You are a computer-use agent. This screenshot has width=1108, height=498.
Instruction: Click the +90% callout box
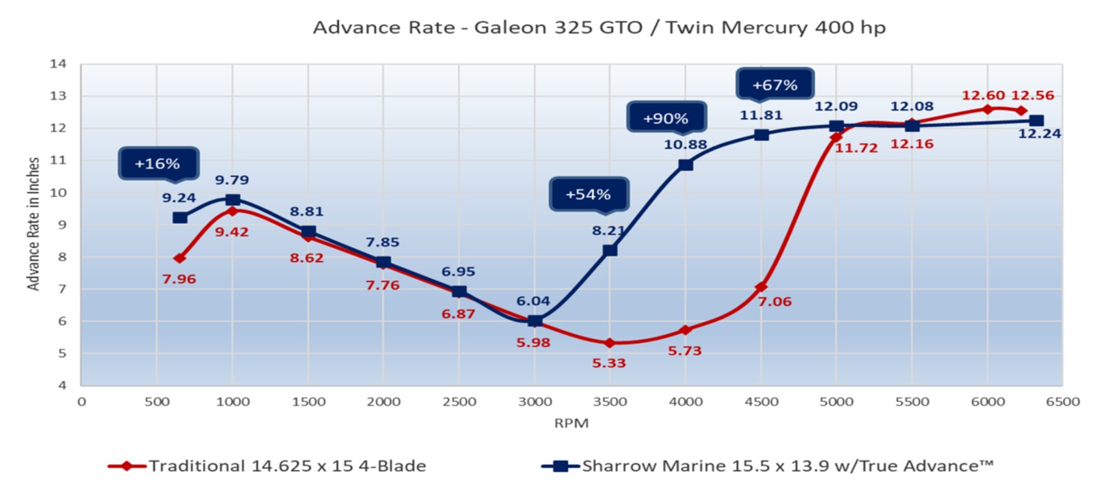click(x=666, y=118)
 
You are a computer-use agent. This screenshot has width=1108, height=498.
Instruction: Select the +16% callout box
click(x=158, y=164)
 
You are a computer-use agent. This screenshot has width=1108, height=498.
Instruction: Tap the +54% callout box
click(x=588, y=195)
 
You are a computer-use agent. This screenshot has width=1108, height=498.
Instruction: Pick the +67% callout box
click(x=774, y=85)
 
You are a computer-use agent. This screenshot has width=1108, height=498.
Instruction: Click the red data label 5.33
click(x=608, y=363)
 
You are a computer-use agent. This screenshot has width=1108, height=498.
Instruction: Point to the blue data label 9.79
click(x=232, y=180)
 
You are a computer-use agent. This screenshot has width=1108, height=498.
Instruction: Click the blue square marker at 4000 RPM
click(x=686, y=165)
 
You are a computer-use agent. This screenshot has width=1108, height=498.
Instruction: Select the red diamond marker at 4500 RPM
click(x=761, y=288)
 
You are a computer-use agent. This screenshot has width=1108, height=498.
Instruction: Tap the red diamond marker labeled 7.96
click(x=180, y=258)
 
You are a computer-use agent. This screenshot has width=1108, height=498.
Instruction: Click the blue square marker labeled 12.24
click(x=1036, y=121)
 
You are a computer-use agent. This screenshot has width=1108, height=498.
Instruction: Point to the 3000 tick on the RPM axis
click(x=535, y=402)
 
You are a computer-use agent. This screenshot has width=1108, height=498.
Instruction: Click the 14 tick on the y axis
click(x=58, y=64)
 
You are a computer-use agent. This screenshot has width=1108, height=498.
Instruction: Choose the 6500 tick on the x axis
click(x=1062, y=402)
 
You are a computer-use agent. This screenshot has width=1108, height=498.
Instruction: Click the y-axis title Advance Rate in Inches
click(x=33, y=224)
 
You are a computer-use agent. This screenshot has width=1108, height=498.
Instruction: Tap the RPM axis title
click(x=571, y=423)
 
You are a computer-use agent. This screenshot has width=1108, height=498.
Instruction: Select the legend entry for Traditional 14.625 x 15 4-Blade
click(x=267, y=466)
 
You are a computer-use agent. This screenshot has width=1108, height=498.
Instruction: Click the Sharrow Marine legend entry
click(x=767, y=466)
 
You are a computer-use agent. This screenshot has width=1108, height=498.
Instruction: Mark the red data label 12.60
click(x=983, y=96)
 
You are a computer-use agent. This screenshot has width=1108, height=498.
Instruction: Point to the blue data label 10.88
click(x=685, y=145)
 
